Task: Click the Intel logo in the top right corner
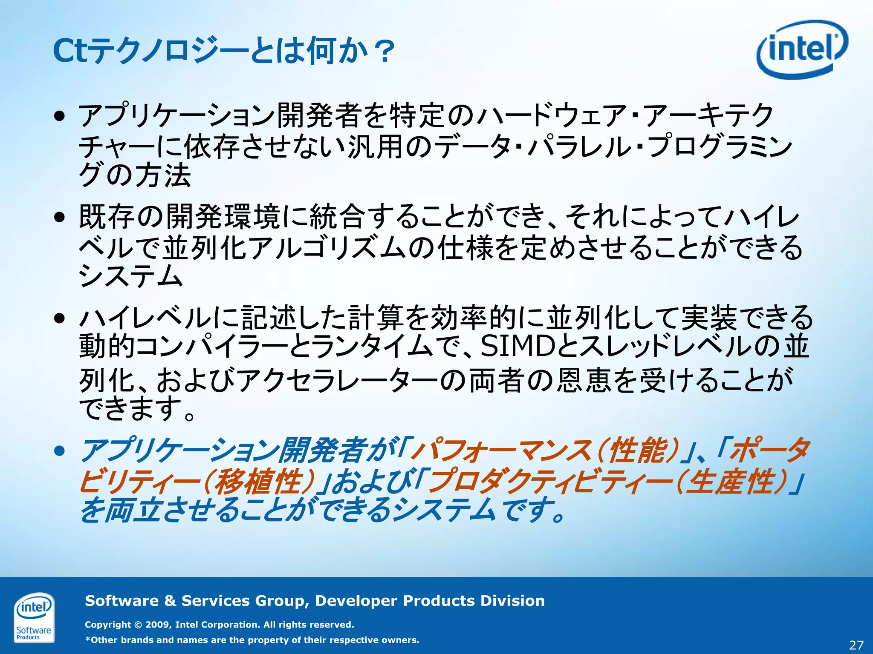tap(802, 49)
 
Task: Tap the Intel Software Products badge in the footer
tap(34, 617)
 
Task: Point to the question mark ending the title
tap(382, 52)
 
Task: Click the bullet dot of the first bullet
tap(60, 115)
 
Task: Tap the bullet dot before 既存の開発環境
tap(60, 217)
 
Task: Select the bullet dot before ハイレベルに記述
tap(60, 318)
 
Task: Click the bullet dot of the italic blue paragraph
tap(60, 451)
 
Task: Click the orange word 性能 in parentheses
tap(637, 450)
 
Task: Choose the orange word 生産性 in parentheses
tap(731, 482)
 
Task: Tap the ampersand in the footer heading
tap(170, 601)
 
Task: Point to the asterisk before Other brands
tap(88, 640)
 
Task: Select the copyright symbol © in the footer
tap(138, 625)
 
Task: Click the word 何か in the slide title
tap(337, 51)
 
